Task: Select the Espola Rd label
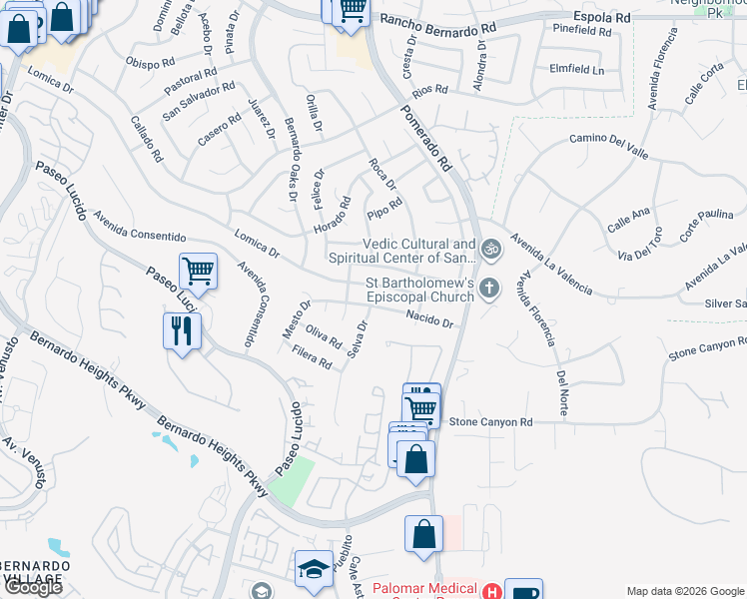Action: click(602, 17)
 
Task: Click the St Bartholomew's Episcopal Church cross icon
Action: click(489, 289)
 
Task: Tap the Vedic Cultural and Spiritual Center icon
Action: click(489, 248)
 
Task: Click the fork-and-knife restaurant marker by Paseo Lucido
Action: click(182, 331)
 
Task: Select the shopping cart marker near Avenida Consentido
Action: click(199, 270)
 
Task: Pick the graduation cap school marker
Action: click(314, 569)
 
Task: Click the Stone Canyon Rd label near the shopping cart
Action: click(490, 422)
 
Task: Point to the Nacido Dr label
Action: click(430, 318)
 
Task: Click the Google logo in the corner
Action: click(34, 587)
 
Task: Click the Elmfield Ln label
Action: click(577, 71)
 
